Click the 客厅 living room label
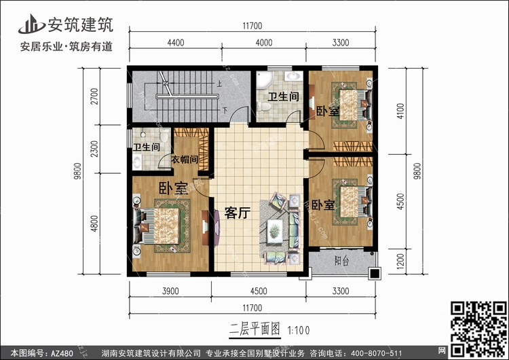tap(238, 213)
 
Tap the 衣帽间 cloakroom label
tap(185, 159)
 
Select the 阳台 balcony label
tap(342, 261)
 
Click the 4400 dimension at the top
tap(176, 43)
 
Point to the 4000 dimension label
tap(264, 43)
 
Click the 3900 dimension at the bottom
tap(170, 291)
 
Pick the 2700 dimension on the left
tap(94, 96)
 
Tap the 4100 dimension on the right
tap(400, 111)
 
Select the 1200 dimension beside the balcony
tap(400, 262)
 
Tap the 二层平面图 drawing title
tap(254, 329)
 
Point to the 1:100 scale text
tap(299, 330)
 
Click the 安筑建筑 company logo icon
tap(31, 24)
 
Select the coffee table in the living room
tap(276, 231)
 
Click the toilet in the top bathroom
tap(264, 106)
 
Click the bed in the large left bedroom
tap(162, 226)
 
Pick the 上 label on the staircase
tap(220, 84)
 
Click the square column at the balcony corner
tap(375, 274)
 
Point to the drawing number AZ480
tap(62, 353)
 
